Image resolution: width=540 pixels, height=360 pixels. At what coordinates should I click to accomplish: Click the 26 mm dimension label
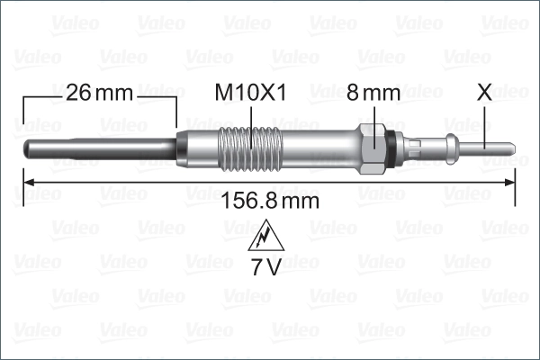pyautogui.click(x=99, y=92)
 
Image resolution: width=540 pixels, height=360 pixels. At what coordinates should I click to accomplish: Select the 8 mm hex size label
pyautogui.click(x=373, y=92)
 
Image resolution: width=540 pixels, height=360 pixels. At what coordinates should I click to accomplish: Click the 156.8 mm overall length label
pyautogui.click(x=269, y=202)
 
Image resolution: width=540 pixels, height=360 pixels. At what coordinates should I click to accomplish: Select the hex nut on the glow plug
pyautogui.click(x=372, y=146)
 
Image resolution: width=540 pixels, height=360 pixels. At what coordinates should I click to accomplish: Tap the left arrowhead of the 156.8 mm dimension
pyautogui.click(x=27, y=182)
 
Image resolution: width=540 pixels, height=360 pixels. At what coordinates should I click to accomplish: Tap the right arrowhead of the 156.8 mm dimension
pyautogui.click(x=510, y=182)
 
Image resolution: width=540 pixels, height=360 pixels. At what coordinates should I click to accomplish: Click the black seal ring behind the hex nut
pyautogui.click(x=389, y=146)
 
